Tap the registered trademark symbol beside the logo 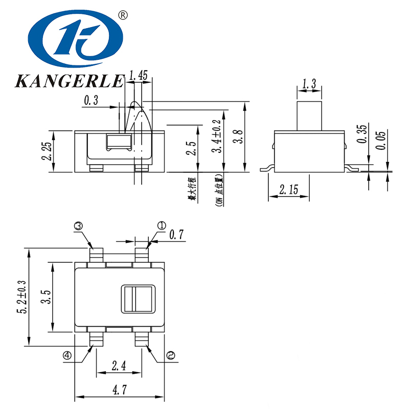coord(122,15)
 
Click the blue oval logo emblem coord(76,41)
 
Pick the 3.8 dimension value coord(237,138)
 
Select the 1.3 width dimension coord(309,84)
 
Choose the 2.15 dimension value coord(289,191)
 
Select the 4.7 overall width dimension coord(119,390)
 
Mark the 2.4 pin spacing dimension coord(119,366)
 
